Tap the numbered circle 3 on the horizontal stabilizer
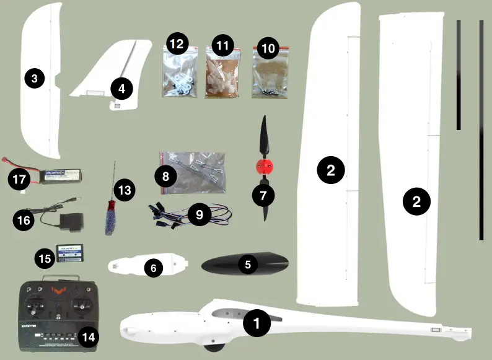35,78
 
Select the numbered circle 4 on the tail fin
121,89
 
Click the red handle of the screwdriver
110,209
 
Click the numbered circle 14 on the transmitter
89,337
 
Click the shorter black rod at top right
459,74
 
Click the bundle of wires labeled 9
192,214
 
